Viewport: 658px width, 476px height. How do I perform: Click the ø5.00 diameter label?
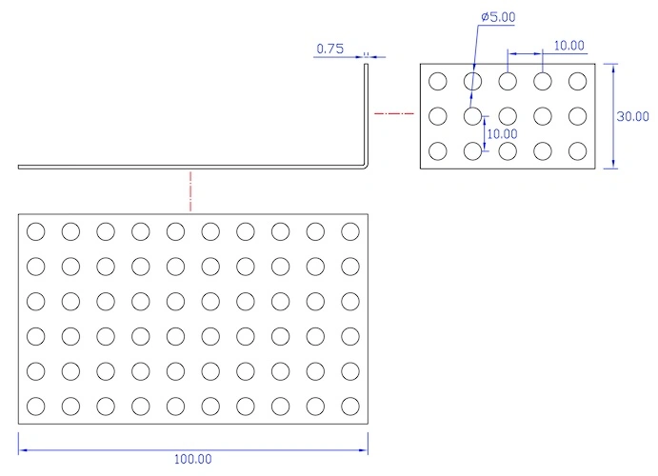point(498,17)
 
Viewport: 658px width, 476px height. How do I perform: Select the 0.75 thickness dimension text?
point(329,49)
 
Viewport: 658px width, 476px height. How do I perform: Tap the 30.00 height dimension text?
point(633,116)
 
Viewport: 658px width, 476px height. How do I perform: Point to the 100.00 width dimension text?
point(193,459)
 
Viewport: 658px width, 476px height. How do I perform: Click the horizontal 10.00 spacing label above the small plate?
point(569,46)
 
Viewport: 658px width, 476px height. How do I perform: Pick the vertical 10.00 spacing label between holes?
point(502,134)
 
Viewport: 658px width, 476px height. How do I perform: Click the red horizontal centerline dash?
point(394,113)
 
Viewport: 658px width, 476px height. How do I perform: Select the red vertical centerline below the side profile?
point(190,190)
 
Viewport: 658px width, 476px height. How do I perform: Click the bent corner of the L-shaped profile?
point(366,166)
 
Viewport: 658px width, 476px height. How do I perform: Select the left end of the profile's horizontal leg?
point(18,167)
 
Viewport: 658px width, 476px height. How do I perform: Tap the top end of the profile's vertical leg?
point(366,64)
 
